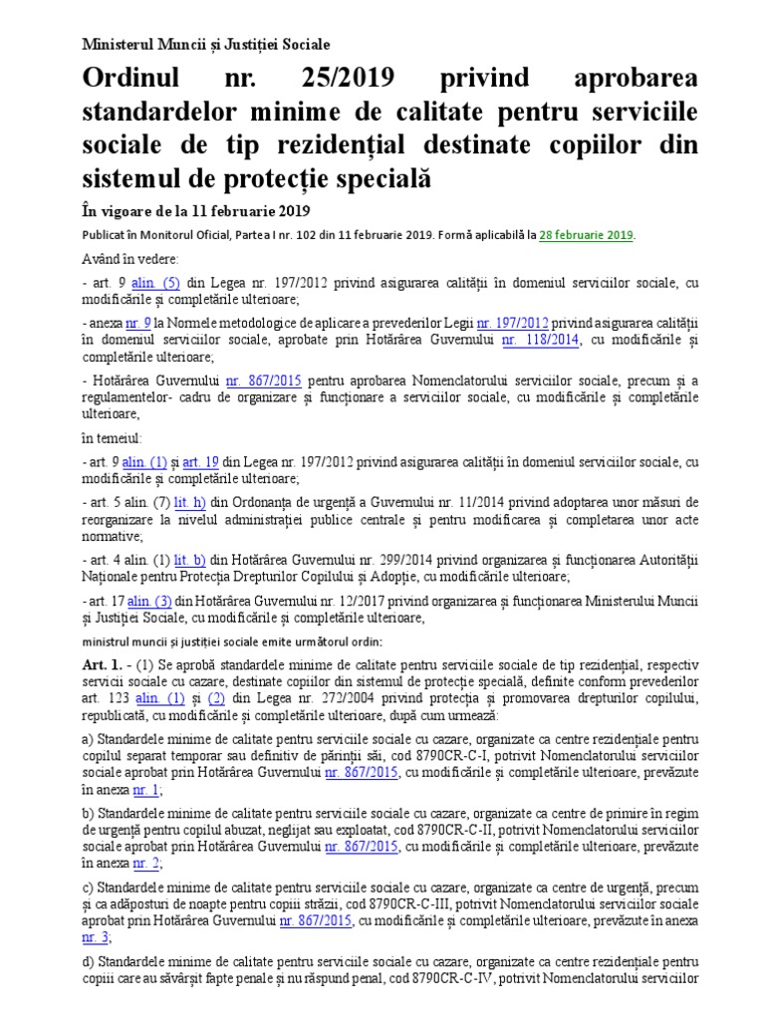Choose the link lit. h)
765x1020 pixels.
click(x=189, y=502)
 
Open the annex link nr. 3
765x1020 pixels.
click(x=94, y=937)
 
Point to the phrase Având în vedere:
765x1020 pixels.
click(x=117, y=259)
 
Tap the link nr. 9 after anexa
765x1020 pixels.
click(x=138, y=324)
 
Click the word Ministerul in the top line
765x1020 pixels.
click(x=119, y=45)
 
